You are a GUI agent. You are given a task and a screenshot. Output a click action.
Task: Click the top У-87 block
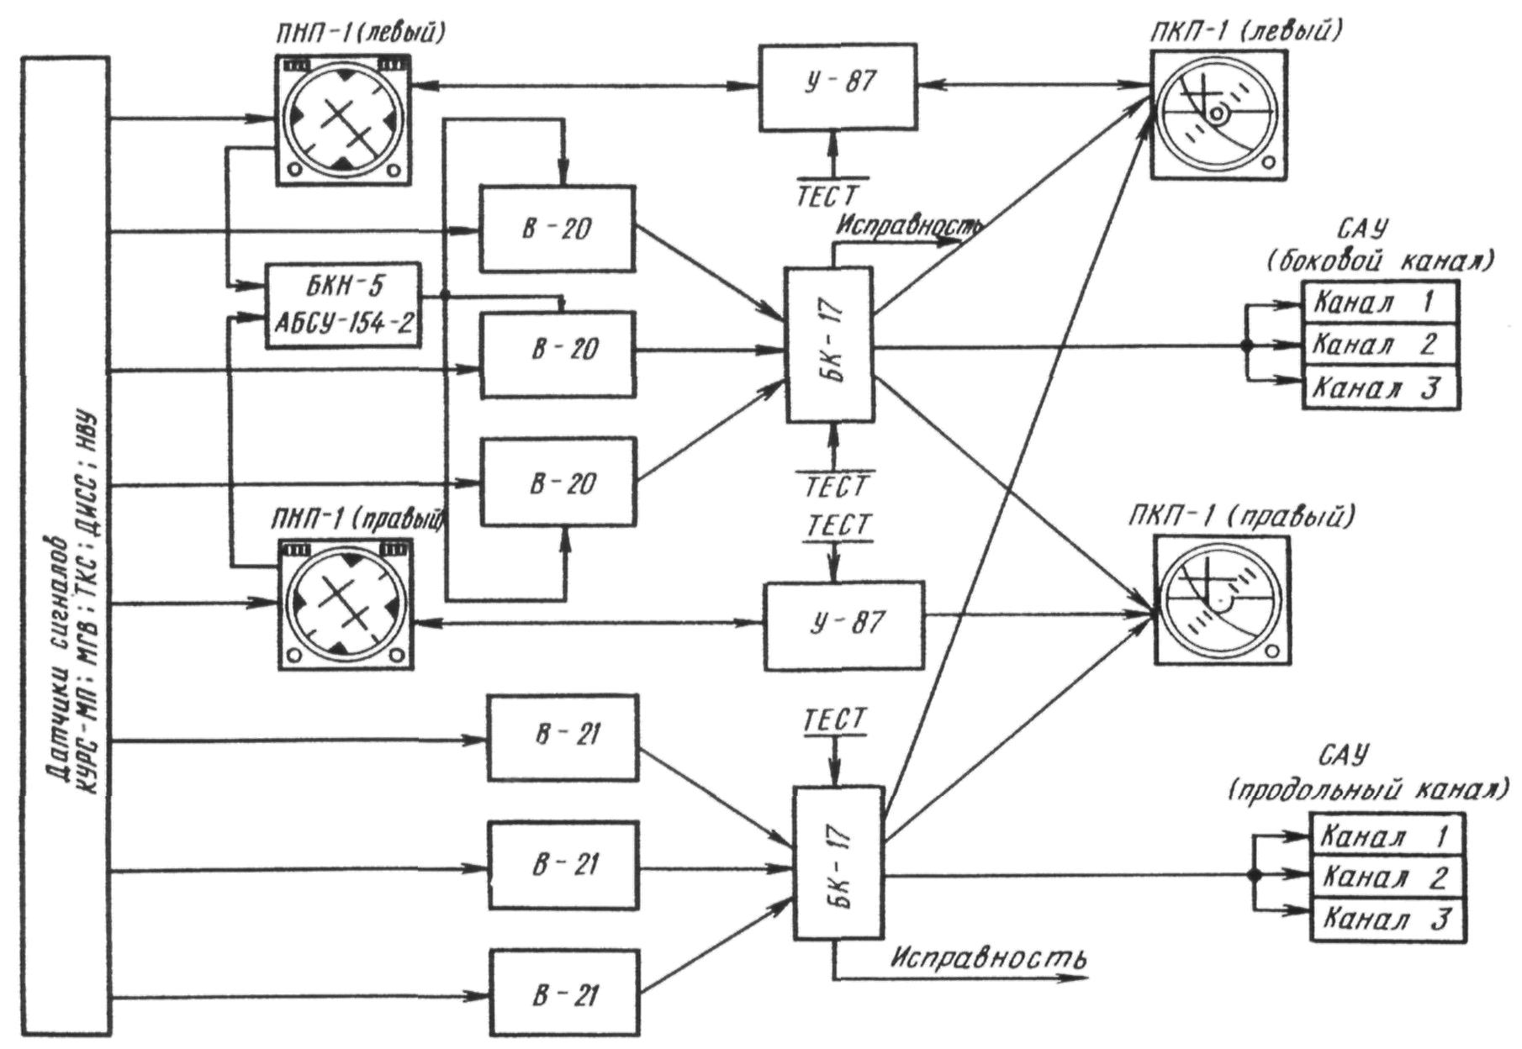pos(838,87)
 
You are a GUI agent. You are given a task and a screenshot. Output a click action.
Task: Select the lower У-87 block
pos(843,625)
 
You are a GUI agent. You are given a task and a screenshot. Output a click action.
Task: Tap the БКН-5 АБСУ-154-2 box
pos(342,306)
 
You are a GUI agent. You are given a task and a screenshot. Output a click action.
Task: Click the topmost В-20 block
pos(557,229)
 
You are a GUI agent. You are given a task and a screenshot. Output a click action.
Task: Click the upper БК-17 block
pos(830,345)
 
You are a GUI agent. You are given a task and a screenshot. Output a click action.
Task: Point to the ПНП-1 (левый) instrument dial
pos(343,119)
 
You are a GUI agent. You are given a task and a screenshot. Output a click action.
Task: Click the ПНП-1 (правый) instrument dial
pos(346,604)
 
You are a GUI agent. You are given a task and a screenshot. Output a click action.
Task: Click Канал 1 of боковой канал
pos(1379,301)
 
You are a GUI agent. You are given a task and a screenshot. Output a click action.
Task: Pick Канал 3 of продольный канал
pos(1387,919)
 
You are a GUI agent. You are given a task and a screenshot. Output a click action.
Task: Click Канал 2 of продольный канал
pos(1387,877)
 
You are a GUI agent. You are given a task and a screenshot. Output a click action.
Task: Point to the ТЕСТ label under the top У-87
pos(829,195)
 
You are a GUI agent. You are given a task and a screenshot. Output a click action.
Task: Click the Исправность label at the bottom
pos(989,957)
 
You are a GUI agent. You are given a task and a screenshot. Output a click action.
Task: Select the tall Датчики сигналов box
pos(66,546)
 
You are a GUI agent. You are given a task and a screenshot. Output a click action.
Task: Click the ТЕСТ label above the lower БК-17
pos(834,720)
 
